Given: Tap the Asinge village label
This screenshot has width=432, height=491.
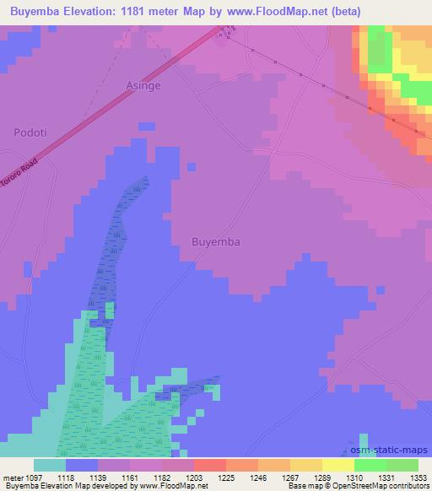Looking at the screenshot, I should (x=143, y=85).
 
